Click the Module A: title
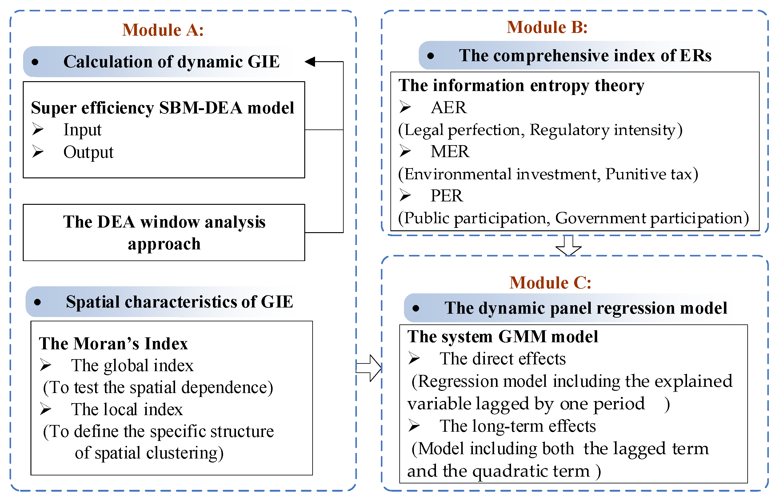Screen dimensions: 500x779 click(163, 30)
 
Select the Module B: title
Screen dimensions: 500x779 click(547, 27)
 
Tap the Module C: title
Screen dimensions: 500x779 click(550, 283)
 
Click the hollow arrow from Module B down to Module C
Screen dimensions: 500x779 click(568, 246)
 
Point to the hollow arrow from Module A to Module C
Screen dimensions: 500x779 click(369, 368)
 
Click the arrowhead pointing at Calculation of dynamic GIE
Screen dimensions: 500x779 click(310, 62)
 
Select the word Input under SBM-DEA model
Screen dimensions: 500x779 click(82, 130)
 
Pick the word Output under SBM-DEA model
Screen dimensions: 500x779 click(88, 152)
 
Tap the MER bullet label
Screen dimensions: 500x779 click(450, 152)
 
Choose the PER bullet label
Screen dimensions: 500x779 click(447, 196)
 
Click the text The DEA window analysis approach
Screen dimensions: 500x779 click(164, 232)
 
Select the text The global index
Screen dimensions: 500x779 click(132, 366)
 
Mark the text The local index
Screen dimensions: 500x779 click(127, 409)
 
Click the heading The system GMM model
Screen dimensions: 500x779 click(502, 336)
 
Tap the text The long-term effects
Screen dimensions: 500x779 click(518, 426)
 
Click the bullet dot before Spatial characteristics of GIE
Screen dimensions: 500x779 click(37, 302)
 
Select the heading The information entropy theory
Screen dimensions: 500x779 click(521, 85)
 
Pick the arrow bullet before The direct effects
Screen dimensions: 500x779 click(414, 359)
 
